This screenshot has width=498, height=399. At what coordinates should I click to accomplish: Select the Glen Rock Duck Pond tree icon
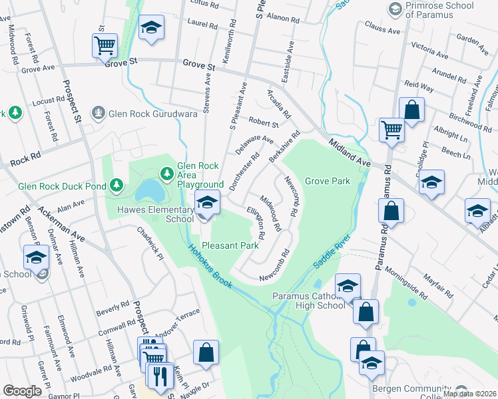pos(117,184)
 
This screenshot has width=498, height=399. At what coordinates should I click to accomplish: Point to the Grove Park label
pos(327,181)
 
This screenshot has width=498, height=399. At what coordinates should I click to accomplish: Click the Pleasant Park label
pos(230,245)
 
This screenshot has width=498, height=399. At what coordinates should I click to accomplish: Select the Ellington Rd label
pos(256,223)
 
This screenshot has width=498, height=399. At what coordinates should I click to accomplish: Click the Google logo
pos(22,391)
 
